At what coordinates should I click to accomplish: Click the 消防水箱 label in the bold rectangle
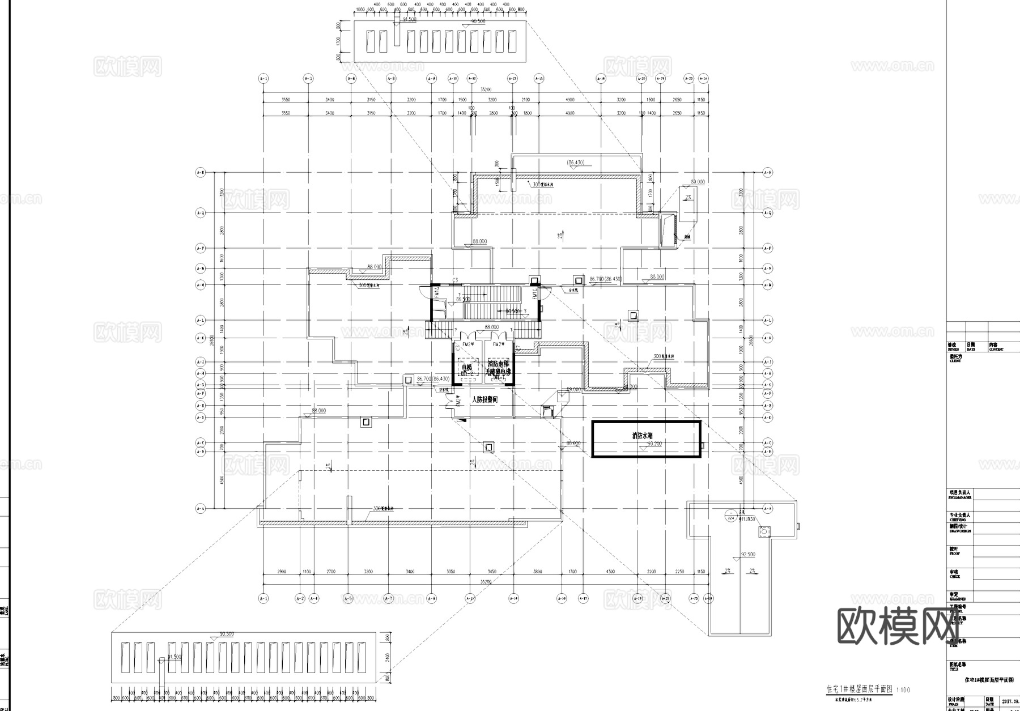coord(643,436)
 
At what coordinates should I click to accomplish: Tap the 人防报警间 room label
coord(484,399)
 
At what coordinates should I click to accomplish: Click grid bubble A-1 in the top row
coord(263,78)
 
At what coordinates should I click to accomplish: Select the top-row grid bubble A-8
coord(391,78)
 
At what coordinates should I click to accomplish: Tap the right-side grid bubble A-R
coord(768,172)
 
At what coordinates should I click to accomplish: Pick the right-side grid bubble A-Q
coord(768,213)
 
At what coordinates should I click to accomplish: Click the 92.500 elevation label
coord(747,554)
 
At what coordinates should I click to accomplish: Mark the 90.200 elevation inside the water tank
coord(654,444)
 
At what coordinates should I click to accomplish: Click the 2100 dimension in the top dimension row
coord(525,100)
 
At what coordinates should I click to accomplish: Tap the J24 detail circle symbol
coord(730,517)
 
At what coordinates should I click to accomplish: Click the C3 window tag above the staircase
coord(455,279)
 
